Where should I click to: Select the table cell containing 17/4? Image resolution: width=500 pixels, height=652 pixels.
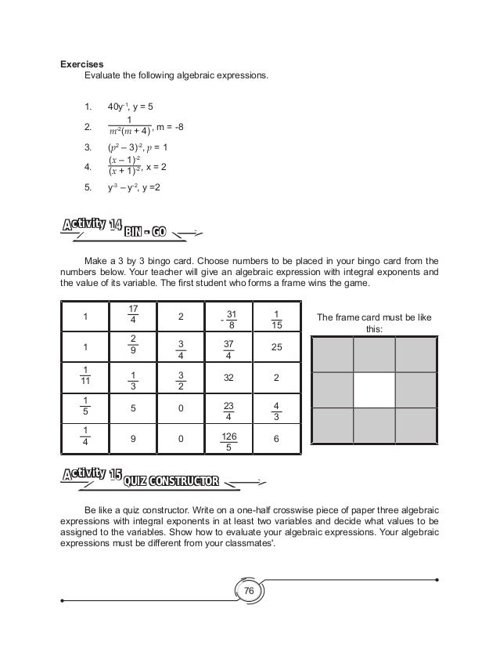(x=133, y=317)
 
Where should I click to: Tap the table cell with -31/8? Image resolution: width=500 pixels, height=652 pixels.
(x=229, y=317)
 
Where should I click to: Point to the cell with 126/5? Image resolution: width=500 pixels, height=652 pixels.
(x=229, y=440)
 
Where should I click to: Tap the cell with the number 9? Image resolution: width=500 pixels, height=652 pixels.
(x=133, y=440)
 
